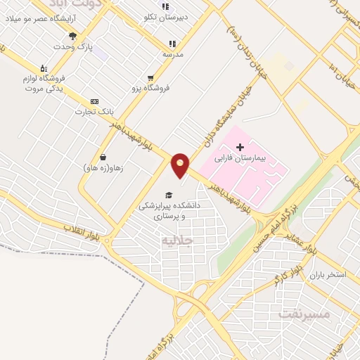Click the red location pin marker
(x=181, y=165)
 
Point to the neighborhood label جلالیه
(x=176, y=240)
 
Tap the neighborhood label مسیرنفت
(x=304, y=312)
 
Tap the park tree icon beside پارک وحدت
(x=72, y=36)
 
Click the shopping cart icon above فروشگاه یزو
(x=151, y=78)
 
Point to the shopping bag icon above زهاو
(x=103, y=157)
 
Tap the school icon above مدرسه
(x=172, y=43)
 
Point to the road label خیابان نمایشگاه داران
(x=223, y=122)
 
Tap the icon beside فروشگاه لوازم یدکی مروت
(x=43, y=68)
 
